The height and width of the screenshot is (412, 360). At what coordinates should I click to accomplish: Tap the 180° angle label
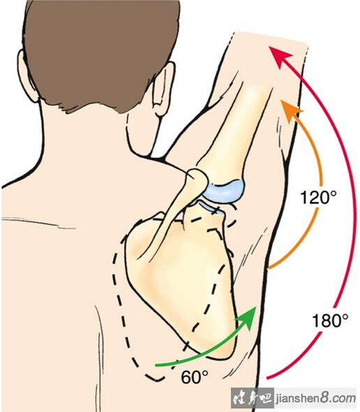point(330,320)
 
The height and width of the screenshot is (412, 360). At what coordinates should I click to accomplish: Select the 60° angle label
point(195,377)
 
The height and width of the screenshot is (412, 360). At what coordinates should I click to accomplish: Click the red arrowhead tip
point(269,47)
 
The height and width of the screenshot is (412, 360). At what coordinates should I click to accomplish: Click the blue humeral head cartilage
point(225,191)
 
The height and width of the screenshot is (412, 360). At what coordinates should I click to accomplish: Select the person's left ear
point(163,89)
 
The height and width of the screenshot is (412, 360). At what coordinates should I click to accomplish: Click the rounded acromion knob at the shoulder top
point(197,179)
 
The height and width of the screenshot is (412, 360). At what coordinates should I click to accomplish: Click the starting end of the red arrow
point(267,379)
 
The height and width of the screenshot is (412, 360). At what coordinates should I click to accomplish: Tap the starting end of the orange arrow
point(269,269)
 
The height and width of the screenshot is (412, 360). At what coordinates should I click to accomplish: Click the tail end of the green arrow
point(156,365)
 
